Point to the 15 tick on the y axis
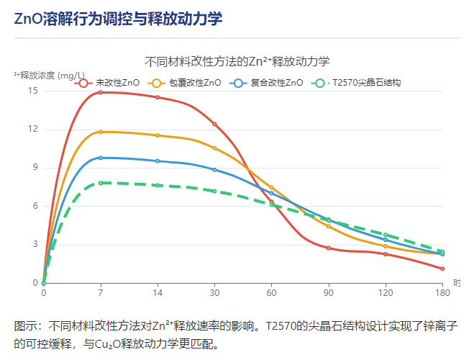(x=33, y=91)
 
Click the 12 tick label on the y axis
(x=33, y=130)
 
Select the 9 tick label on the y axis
(x=35, y=168)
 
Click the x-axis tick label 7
(x=101, y=293)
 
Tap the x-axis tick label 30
(x=214, y=293)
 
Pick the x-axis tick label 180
(x=442, y=293)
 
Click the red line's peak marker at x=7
(x=101, y=92)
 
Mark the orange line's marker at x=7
(x=101, y=132)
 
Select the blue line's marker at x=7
(x=101, y=158)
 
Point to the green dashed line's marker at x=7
(x=101, y=183)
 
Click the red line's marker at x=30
(x=214, y=124)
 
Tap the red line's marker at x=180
(x=442, y=269)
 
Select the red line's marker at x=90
(x=329, y=248)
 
